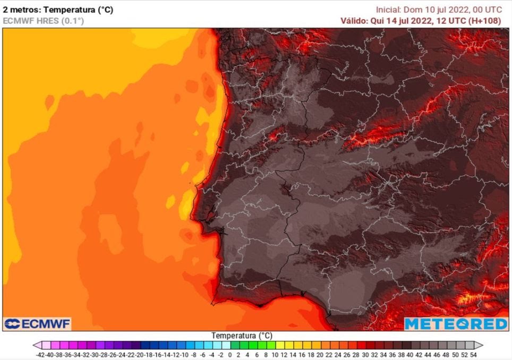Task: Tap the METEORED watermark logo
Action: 456,324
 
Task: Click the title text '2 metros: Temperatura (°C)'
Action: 58,10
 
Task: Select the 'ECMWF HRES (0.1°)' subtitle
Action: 43,21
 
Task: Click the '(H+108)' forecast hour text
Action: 491,21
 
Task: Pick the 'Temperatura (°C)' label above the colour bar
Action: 242,336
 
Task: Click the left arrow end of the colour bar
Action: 36,345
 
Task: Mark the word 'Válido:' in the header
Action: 353,21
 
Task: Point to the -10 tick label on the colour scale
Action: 184,354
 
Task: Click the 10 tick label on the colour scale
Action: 275,354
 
